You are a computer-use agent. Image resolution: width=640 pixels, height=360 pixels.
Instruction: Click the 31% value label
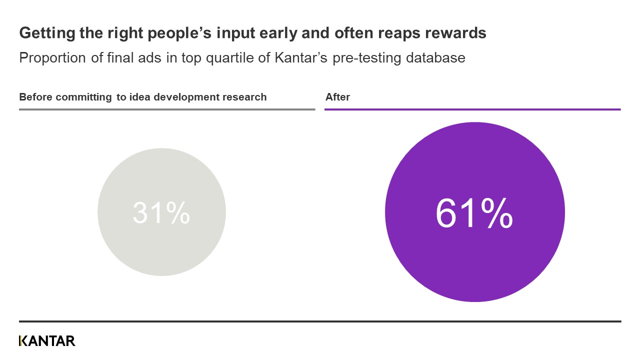point(161,212)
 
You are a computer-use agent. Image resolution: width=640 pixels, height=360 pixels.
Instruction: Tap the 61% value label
point(474,213)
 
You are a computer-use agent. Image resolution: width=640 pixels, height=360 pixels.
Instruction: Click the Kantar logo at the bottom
point(47,341)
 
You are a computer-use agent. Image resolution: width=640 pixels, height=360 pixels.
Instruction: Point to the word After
point(337,97)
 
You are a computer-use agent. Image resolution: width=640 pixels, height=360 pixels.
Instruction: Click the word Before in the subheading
point(35,97)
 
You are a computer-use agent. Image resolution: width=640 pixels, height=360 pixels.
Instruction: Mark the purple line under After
point(472,109)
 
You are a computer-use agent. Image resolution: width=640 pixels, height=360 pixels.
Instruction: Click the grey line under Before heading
point(167,109)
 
